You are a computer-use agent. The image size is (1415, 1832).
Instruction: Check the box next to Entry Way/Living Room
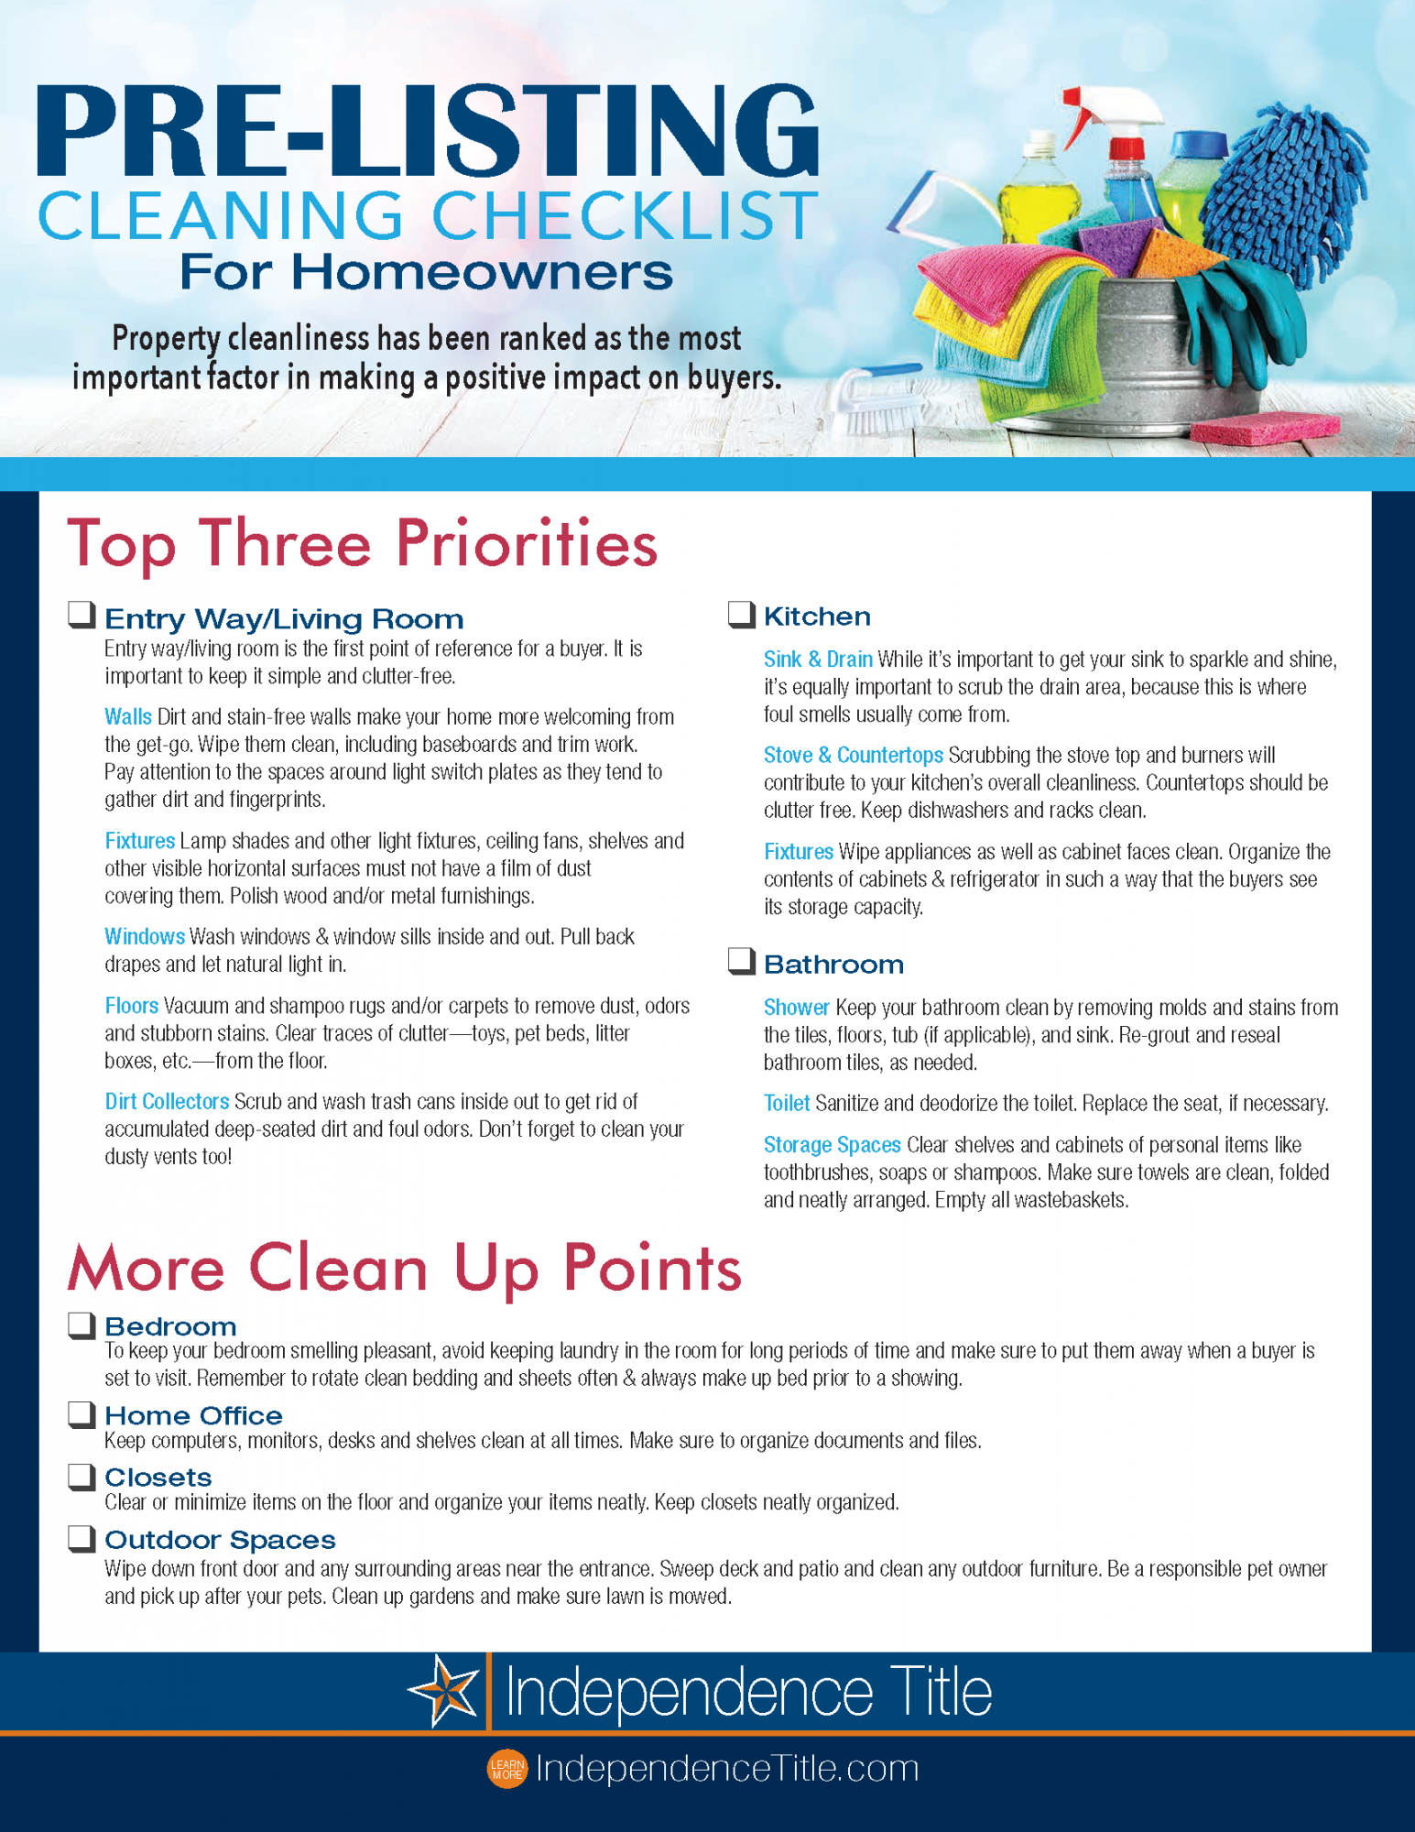click(82, 615)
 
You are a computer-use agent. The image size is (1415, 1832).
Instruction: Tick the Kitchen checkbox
click(741, 614)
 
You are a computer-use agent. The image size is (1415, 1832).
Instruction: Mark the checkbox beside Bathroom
click(741, 961)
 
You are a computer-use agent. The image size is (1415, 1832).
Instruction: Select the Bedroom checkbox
click(82, 1325)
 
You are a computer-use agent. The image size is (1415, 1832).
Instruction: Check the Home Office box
click(82, 1413)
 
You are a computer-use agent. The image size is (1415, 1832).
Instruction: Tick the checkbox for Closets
click(82, 1476)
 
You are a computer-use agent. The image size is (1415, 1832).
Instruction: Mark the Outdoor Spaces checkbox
click(82, 1538)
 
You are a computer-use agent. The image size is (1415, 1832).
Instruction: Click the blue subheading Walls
click(128, 716)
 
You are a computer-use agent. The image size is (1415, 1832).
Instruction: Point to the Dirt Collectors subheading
click(167, 1101)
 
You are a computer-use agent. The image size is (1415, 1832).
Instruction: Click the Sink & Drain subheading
click(818, 660)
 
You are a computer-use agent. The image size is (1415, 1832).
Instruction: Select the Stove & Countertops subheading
click(853, 755)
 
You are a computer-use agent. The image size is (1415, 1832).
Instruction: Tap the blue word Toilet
click(787, 1103)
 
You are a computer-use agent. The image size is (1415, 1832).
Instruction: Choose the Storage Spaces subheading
click(832, 1145)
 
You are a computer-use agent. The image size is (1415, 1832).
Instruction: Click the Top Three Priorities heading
click(362, 544)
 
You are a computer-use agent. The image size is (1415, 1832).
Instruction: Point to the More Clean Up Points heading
click(404, 1269)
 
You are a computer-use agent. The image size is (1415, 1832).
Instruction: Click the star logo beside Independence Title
click(444, 1691)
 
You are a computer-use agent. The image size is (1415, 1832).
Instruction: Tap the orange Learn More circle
click(506, 1769)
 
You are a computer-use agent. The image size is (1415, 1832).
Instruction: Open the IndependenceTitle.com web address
click(727, 1769)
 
